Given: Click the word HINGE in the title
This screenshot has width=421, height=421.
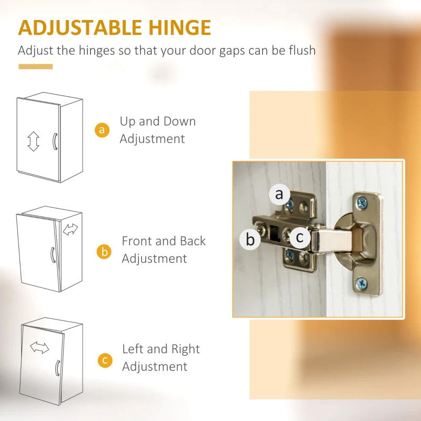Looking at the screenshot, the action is pos(180,27).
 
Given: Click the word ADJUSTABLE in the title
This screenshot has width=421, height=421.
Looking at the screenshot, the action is pos(80,27).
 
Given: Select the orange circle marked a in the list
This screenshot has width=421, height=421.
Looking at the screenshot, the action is pos(102,130).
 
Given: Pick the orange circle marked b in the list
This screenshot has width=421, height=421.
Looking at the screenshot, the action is pos(104,252).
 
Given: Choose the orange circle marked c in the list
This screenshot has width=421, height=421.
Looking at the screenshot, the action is pos(105,360).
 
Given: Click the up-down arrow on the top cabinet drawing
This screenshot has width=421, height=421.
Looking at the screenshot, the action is pos(33,141).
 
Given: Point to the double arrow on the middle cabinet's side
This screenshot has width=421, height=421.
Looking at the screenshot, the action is pos(71,229).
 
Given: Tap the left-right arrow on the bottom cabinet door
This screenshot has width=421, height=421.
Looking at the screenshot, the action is pos(39,347).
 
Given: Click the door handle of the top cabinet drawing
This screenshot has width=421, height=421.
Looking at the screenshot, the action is pos(55,141).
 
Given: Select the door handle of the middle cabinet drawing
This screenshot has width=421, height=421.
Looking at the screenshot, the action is pos(53,255).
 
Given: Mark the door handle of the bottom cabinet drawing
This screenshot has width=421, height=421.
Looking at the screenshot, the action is pos(57,368).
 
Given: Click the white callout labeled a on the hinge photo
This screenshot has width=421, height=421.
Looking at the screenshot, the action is pos(279,194).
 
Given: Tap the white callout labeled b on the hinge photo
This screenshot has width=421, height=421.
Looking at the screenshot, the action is pos(250,239).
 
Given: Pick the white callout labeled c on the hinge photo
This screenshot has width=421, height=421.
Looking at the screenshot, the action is pos(299,237).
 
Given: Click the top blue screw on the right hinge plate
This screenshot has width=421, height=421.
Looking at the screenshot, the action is pos(362,203).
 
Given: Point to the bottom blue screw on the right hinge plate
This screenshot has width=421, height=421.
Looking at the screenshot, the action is pos(362,283).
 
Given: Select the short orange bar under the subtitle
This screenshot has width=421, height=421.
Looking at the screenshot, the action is pos(35,67).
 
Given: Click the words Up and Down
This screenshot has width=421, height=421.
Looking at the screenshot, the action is pos(157,122).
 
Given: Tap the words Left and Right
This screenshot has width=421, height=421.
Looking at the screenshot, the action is pos(161,349).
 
